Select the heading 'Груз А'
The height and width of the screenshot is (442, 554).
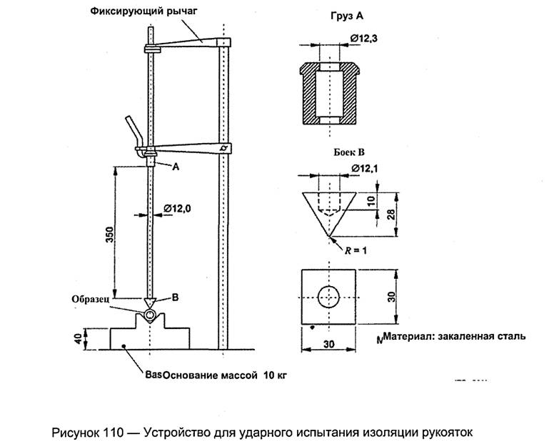329,14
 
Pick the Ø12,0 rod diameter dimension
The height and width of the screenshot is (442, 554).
176,207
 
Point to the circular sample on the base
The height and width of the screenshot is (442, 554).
150,315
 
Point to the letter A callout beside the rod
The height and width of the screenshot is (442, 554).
175,166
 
